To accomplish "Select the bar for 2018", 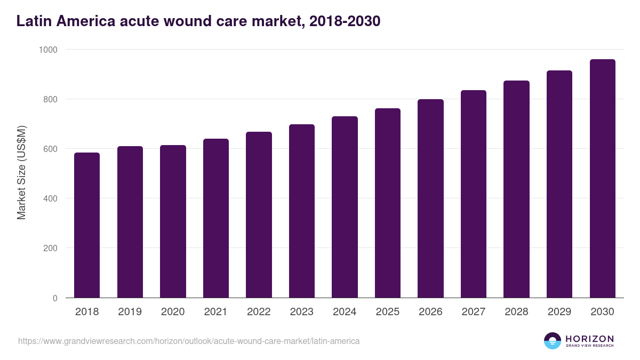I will point(87,225).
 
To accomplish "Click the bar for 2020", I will point(173,221).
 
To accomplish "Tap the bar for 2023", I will point(302,211).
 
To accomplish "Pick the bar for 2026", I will point(430,198).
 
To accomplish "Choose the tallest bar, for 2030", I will point(602,179).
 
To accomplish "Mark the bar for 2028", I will point(516,189).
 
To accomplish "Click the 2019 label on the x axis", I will point(130,312).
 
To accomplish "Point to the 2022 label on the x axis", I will point(259,312).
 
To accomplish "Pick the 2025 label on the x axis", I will point(387,312).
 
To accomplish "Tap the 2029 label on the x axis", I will point(559,312).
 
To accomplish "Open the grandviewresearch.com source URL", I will point(189,341).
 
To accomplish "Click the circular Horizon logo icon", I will point(553,341).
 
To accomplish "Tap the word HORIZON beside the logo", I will point(590,339).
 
